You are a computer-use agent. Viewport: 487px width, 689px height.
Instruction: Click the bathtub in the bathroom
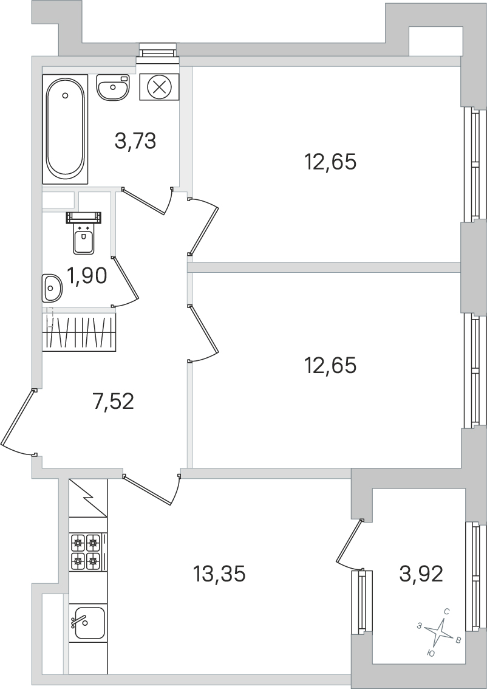pyautogui.click(x=65, y=129)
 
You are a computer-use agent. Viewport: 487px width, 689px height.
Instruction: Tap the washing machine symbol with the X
pyautogui.click(x=159, y=86)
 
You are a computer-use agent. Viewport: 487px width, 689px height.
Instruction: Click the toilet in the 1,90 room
pyautogui.click(x=84, y=236)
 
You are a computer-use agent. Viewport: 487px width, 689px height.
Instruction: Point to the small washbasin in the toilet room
pyautogui.click(x=52, y=287)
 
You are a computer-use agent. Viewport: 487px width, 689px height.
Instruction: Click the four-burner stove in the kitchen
pyautogui.click(x=86, y=551)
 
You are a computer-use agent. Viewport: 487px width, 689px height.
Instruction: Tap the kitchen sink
pyautogui.click(x=89, y=623)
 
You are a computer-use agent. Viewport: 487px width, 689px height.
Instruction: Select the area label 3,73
pyautogui.click(x=135, y=141)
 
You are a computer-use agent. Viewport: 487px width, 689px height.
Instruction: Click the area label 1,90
pyautogui.click(x=87, y=276)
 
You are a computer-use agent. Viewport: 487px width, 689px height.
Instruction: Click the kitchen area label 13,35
pyautogui.click(x=219, y=573)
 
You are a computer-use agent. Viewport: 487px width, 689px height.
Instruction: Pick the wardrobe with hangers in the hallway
pyautogui.click(x=79, y=332)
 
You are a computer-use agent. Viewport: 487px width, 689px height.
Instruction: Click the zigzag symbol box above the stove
pyautogui.click(x=87, y=498)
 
